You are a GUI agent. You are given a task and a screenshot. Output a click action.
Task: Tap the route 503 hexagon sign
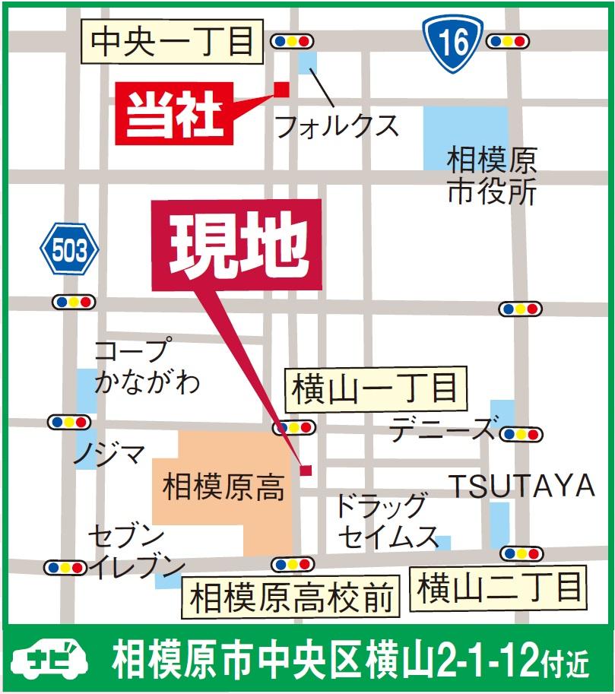[x=69, y=249]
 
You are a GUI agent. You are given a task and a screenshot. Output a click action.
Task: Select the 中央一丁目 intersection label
[x=172, y=43]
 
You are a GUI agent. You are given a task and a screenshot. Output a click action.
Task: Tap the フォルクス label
[x=336, y=124]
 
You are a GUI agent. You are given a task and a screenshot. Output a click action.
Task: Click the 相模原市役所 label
[x=491, y=176]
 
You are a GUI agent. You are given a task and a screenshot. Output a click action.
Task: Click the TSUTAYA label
[x=520, y=486]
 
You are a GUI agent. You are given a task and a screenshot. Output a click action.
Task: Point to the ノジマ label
[x=109, y=455]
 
